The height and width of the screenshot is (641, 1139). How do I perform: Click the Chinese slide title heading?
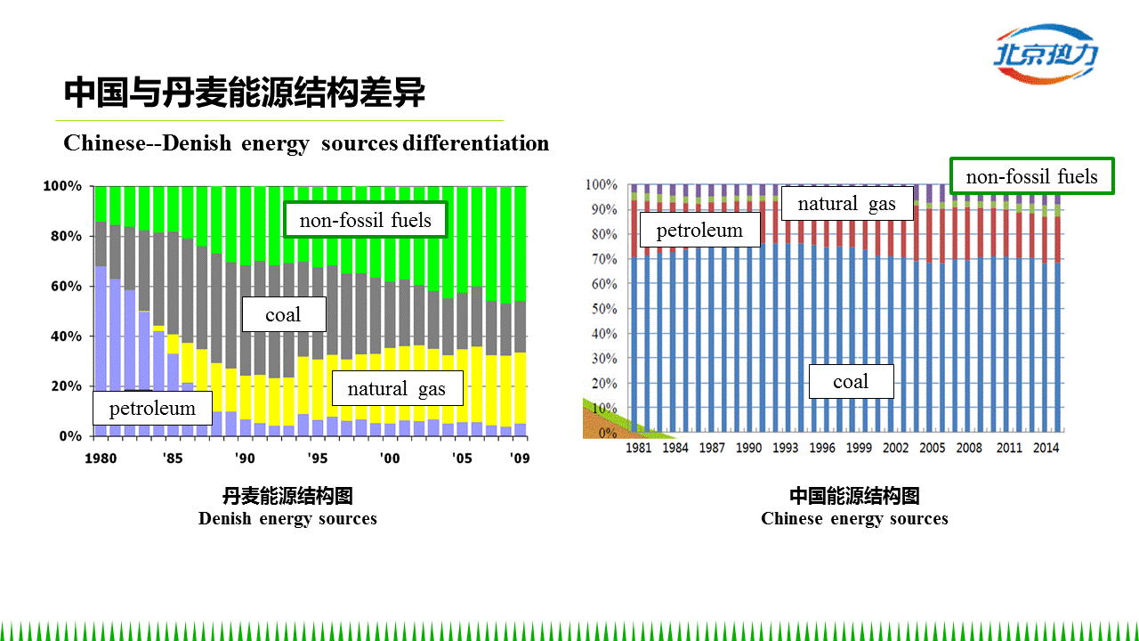click(x=245, y=93)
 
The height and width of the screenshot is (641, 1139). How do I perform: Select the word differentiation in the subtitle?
click(x=476, y=142)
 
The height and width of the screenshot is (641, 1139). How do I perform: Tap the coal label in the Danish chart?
click(x=284, y=314)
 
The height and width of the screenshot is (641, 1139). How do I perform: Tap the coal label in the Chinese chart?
click(x=851, y=382)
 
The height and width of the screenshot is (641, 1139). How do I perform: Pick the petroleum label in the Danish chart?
click(x=152, y=409)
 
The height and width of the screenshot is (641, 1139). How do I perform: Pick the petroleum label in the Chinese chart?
click(x=699, y=231)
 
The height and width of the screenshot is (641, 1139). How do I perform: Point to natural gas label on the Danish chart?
click(x=396, y=388)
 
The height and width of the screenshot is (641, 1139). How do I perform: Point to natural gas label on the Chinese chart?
click(x=846, y=204)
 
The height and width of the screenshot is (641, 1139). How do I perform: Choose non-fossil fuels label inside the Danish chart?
click(x=365, y=220)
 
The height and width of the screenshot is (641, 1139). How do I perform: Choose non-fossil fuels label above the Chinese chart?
click(x=1031, y=176)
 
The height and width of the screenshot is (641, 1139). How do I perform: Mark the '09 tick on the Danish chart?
click(x=519, y=458)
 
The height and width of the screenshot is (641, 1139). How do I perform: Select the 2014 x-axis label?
click(x=1046, y=448)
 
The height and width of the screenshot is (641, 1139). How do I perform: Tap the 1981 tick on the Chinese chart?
click(x=638, y=448)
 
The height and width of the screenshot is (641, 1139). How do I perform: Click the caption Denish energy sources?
click(x=287, y=518)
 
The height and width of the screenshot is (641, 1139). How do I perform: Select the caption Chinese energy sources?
click(x=854, y=518)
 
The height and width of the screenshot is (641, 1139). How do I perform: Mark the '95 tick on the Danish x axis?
click(x=317, y=458)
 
